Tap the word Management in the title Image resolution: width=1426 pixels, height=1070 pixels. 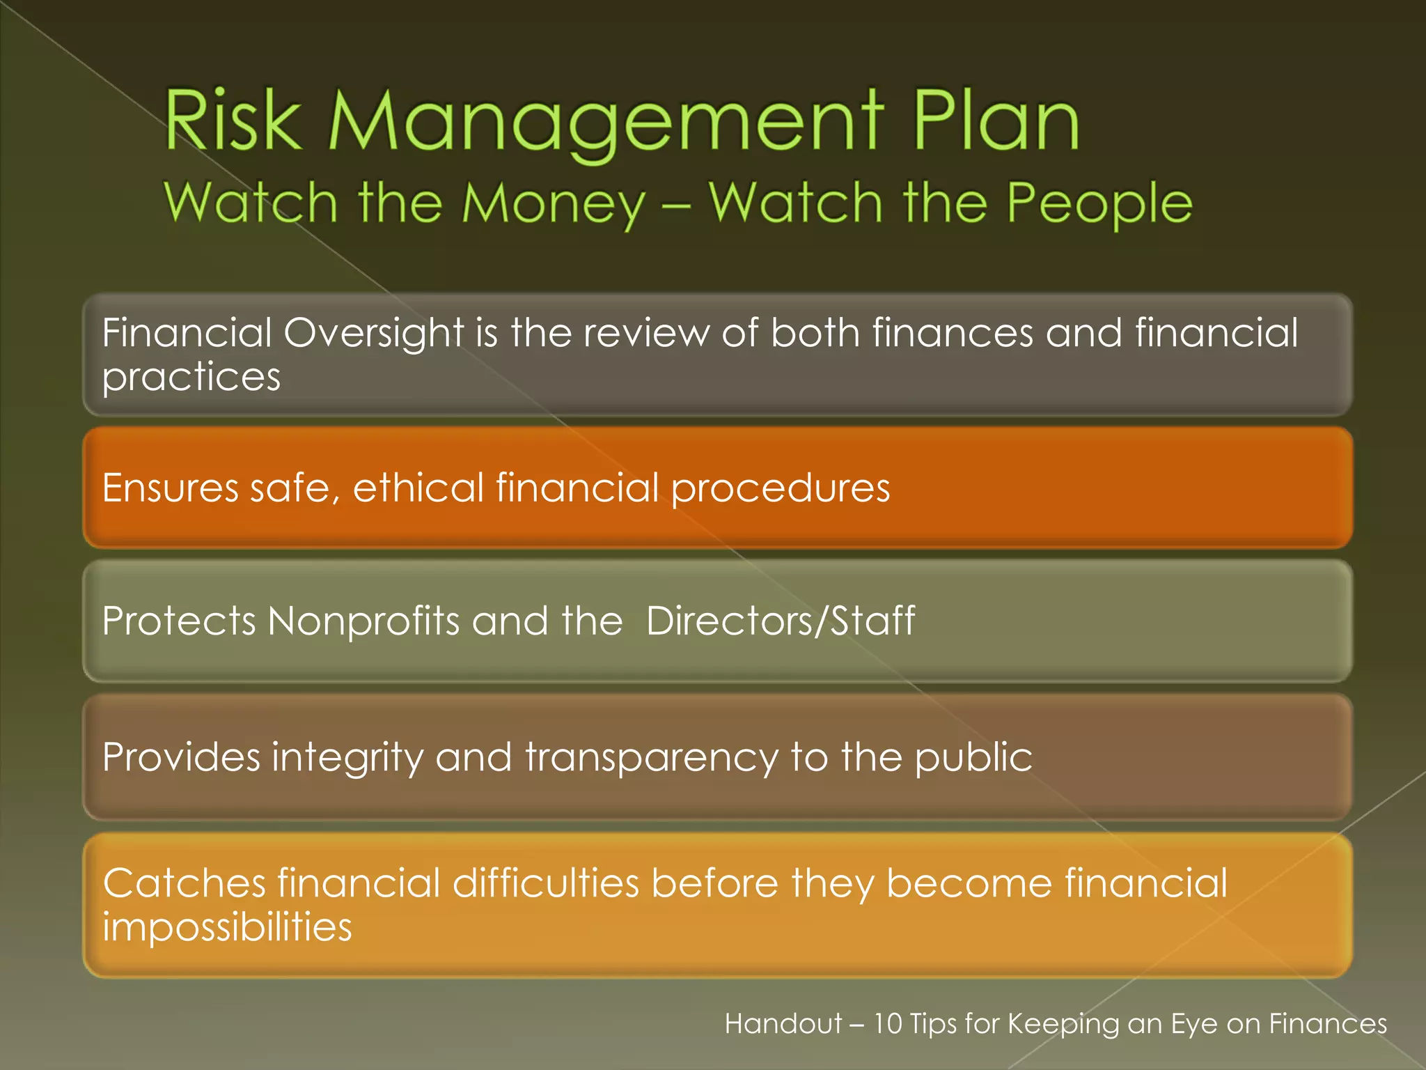click(606, 122)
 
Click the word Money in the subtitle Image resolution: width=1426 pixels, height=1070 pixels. click(554, 203)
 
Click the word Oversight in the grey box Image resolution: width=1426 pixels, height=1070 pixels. click(374, 332)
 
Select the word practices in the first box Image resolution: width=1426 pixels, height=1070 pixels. click(191, 378)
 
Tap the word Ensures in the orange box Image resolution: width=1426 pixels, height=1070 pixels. click(170, 488)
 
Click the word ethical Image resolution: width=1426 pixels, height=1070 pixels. click(418, 488)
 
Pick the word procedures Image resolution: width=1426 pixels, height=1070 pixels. click(781, 488)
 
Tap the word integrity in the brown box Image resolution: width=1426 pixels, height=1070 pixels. click(347, 757)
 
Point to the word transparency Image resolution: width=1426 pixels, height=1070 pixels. click(652, 757)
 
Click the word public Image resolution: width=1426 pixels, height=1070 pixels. click(973, 757)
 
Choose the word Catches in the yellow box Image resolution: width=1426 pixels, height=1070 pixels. click(184, 883)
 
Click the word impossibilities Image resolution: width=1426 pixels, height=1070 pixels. click(227, 927)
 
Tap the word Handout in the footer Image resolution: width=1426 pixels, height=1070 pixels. click(783, 1024)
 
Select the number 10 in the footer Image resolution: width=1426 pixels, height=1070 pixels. click(888, 1024)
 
